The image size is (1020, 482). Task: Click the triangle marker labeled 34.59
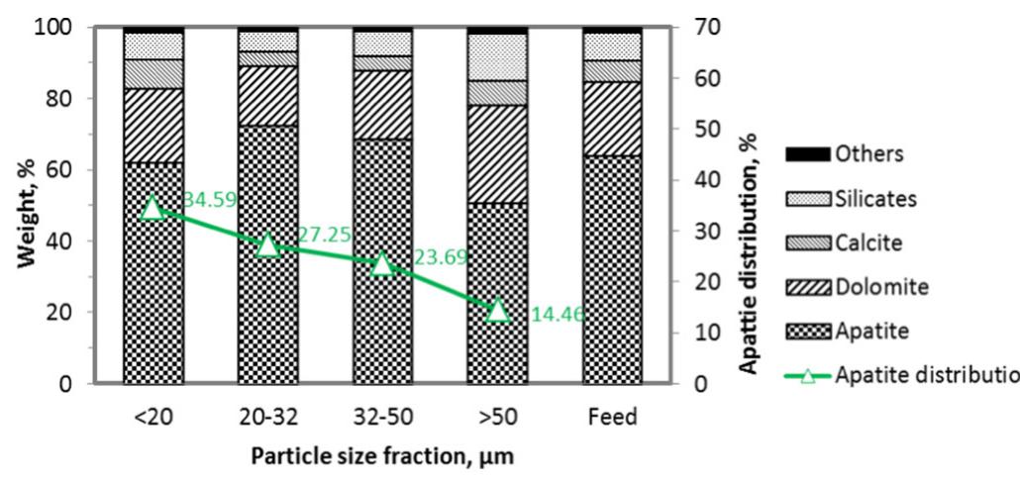(153, 207)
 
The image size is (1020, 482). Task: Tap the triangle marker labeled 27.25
(267, 244)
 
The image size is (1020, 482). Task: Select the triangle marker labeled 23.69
(382, 263)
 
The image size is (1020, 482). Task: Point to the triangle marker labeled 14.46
(497, 310)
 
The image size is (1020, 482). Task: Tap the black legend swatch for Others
(807, 154)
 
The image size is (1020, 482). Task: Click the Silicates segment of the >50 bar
(497, 57)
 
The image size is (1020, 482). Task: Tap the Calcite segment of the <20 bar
(153, 74)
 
